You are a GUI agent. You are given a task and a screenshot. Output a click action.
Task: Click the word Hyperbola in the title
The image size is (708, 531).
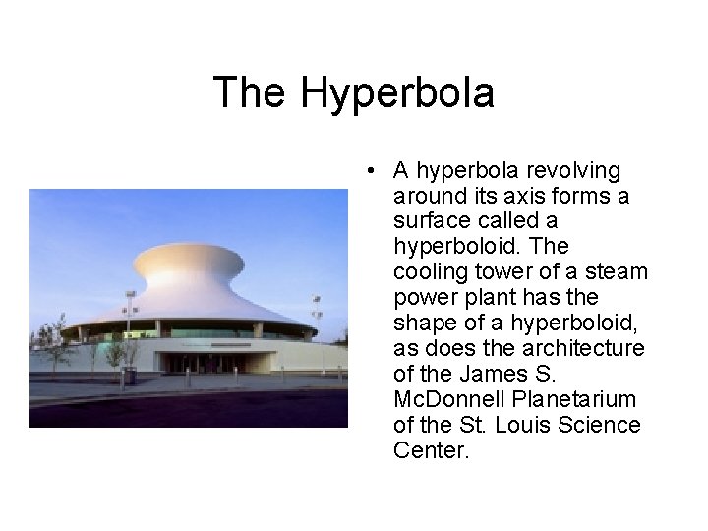tap(397, 93)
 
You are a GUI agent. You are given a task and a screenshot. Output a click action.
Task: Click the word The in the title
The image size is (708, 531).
tap(251, 93)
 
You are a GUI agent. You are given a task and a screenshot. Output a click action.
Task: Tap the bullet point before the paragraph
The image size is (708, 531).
tap(367, 171)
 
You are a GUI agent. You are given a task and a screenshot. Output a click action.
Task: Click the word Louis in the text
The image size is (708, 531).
tap(533, 425)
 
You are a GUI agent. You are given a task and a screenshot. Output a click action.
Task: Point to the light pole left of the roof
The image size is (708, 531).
tap(130, 315)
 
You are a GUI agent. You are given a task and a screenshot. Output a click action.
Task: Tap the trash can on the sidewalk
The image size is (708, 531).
tap(129, 375)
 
